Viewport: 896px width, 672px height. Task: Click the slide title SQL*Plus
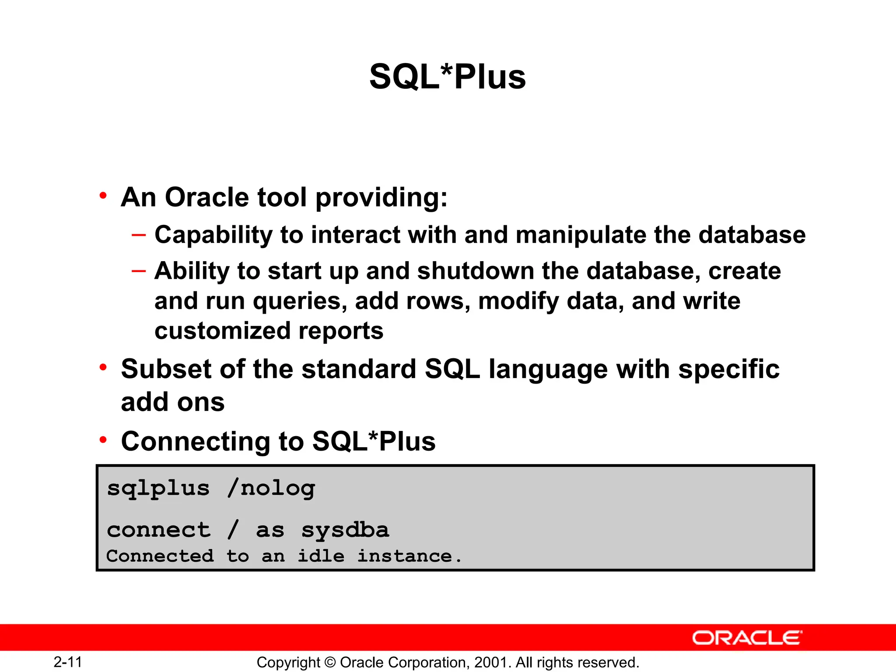click(447, 77)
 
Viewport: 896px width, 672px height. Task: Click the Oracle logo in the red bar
click(747, 638)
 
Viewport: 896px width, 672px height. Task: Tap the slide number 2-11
click(68, 662)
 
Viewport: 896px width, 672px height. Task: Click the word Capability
click(213, 235)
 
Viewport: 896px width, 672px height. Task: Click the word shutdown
click(476, 271)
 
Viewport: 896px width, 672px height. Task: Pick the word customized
click(222, 331)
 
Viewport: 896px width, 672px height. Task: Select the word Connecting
click(196, 441)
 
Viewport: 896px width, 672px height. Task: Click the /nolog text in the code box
click(271, 488)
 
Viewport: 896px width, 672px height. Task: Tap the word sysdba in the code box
click(345, 530)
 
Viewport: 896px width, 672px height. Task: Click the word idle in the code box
click(321, 556)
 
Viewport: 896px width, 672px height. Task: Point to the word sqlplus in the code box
click(158, 488)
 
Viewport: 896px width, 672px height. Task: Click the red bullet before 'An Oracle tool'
click(103, 196)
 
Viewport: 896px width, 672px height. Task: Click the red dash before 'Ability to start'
click(138, 271)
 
